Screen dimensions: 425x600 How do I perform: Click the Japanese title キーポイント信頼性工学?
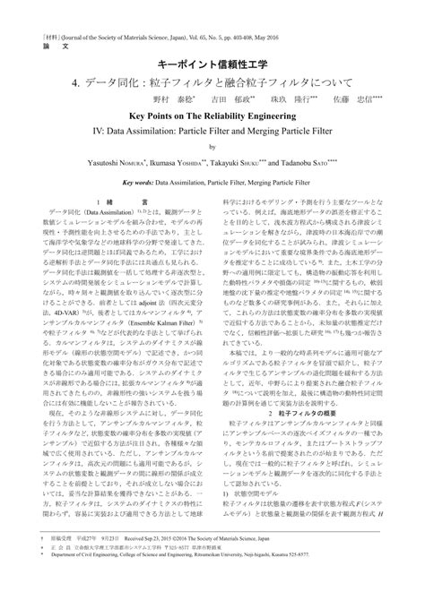click(x=212, y=64)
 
